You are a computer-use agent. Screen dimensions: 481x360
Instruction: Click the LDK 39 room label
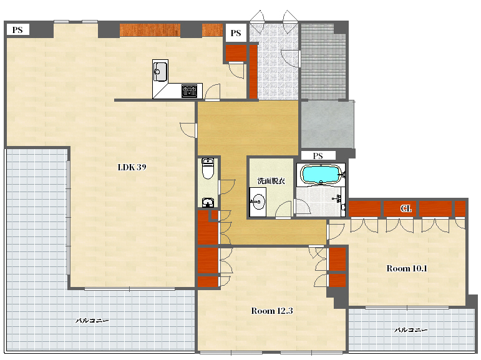tap(132, 167)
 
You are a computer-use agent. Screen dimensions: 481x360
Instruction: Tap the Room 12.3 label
tap(272, 311)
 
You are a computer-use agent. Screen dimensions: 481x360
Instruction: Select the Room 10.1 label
tap(407, 268)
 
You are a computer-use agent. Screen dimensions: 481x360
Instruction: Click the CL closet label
tap(406, 208)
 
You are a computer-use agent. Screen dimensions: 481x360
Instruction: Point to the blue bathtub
tap(321, 174)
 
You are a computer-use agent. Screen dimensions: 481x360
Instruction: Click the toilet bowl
tap(208, 168)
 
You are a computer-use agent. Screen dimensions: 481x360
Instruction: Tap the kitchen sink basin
tap(160, 72)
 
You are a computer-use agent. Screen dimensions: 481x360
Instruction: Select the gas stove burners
tap(189, 91)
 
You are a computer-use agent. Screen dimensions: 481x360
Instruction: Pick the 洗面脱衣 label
tap(271, 181)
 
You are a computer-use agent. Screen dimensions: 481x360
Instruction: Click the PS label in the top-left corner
tap(17, 30)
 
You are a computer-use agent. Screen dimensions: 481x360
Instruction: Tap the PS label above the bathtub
tap(318, 156)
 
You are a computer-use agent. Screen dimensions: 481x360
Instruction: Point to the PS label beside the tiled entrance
tap(236, 33)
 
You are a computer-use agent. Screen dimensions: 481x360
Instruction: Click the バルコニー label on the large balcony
tap(92, 321)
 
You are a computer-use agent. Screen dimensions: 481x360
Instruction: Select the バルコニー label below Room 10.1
tap(411, 330)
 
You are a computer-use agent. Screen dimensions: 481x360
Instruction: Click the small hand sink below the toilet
tap(208, 203)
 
